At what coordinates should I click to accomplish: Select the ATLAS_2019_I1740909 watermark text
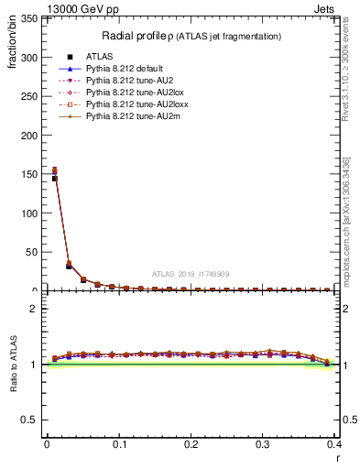[190, 274]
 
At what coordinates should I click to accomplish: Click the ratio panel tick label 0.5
[32, 420]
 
